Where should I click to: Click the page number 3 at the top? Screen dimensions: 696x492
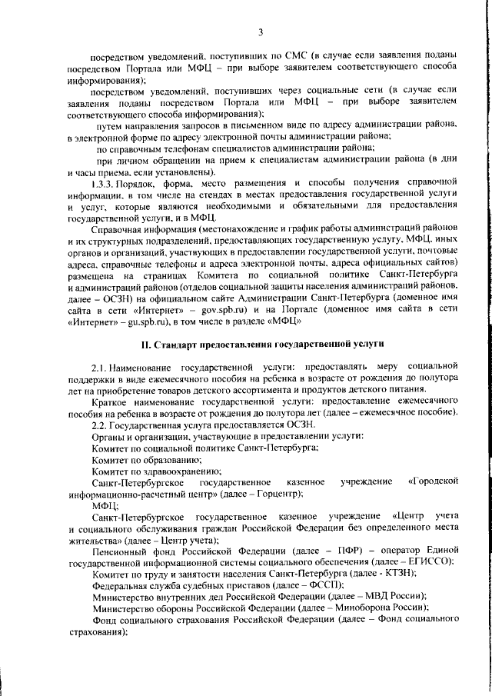tap(261, 32)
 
